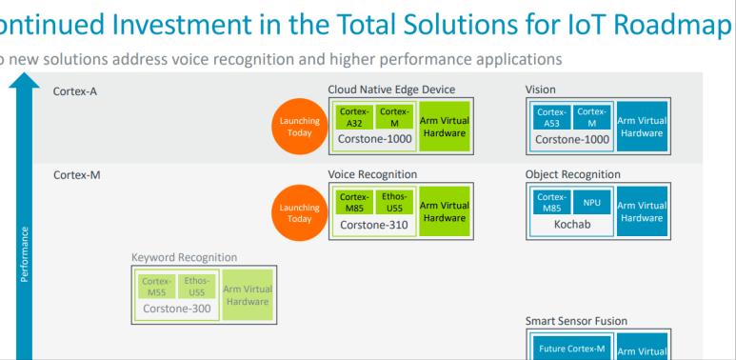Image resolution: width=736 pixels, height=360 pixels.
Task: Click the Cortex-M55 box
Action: (156, 286)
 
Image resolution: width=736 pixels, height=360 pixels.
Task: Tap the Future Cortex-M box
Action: (567, 349)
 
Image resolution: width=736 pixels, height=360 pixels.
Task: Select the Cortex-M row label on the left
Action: (76, 175)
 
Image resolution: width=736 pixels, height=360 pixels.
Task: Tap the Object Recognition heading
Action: (572, 175)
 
